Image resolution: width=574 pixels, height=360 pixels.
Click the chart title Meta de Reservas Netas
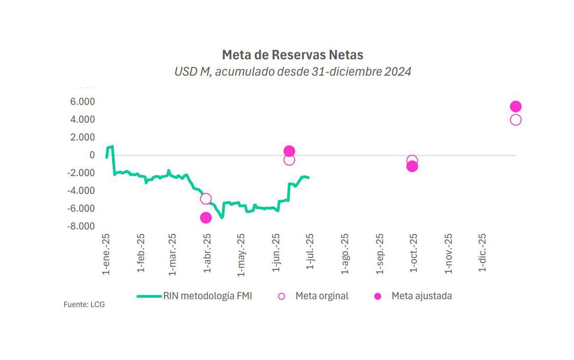(x=292, y=54)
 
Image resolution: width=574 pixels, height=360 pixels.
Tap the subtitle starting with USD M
(x=292, y=72)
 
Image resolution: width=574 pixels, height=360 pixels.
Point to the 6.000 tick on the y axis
(x=83, y=102)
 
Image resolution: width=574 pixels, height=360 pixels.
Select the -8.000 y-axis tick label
(x=81, y=226)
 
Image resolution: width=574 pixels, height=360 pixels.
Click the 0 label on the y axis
(x=91, y=155)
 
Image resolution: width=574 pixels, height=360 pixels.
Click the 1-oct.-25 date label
(x=414, y=253)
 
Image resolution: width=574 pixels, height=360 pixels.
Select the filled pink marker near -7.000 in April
(x=206, y=218)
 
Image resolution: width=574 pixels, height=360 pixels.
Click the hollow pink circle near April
(x=206, y=199)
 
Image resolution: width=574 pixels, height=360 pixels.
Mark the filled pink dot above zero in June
(x=289, y=151)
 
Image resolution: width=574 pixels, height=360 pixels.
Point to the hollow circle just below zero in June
(x=289, y=160)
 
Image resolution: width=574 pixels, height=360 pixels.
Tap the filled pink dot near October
(x=412, y=167)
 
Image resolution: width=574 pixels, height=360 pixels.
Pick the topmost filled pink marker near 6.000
(x=516, y=107)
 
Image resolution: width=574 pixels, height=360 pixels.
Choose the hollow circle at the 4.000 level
(x=516, y=120)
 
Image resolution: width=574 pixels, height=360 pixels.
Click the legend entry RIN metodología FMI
(x=208, y=296)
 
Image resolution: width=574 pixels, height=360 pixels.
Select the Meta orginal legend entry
(x=322, y=296)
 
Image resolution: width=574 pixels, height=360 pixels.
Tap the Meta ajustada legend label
(x=421, y=296)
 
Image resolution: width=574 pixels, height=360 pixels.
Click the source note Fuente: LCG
(x=84, y=305)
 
